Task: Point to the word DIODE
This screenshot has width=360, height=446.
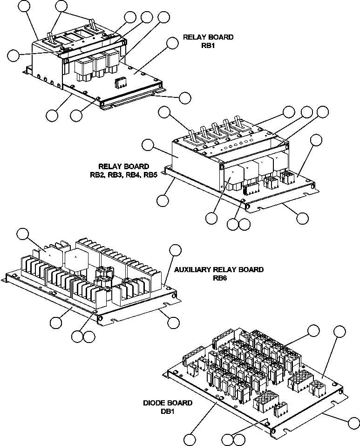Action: pos(156,403)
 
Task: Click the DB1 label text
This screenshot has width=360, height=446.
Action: pos(167,412)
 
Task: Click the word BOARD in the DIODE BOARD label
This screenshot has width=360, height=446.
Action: pos(180,403)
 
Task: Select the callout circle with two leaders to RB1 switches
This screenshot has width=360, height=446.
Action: pos(61,6)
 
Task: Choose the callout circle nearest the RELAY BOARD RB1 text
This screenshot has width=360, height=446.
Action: pos(172,43)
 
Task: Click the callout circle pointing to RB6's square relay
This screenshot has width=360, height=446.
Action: pos(22,234)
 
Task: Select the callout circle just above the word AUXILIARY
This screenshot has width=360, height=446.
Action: pos(175,249)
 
